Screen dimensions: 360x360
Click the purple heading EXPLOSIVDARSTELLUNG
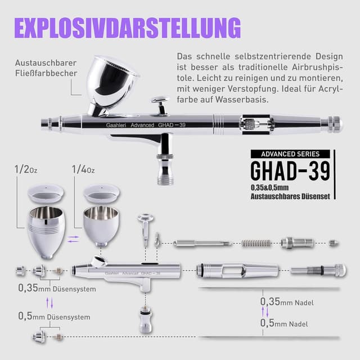[x=128, y=28]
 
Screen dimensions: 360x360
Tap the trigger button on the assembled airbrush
[x=160, y=105]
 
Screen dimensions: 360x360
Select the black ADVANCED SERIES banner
[x=290, y=154]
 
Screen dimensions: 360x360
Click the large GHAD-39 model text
[x=290, y=171]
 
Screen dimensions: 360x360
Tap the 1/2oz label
[x=26, y=170]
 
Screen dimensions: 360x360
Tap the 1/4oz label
[x=83, y=170]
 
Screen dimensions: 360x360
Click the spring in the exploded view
[x=256, y=243]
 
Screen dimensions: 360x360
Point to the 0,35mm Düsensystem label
[x=57, y=289]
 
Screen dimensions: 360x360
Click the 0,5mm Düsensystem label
[x=54, y=316]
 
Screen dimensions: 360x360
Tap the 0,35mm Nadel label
[x=287, y=302]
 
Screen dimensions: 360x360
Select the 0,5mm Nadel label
[x=284, y=323]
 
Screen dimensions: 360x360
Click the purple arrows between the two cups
[x=73, y=239]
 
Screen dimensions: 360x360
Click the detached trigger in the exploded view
[x=146, y=229]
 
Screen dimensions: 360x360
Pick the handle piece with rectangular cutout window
[x=237, y=270]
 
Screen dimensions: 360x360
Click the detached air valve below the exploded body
[x=146, y=320]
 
